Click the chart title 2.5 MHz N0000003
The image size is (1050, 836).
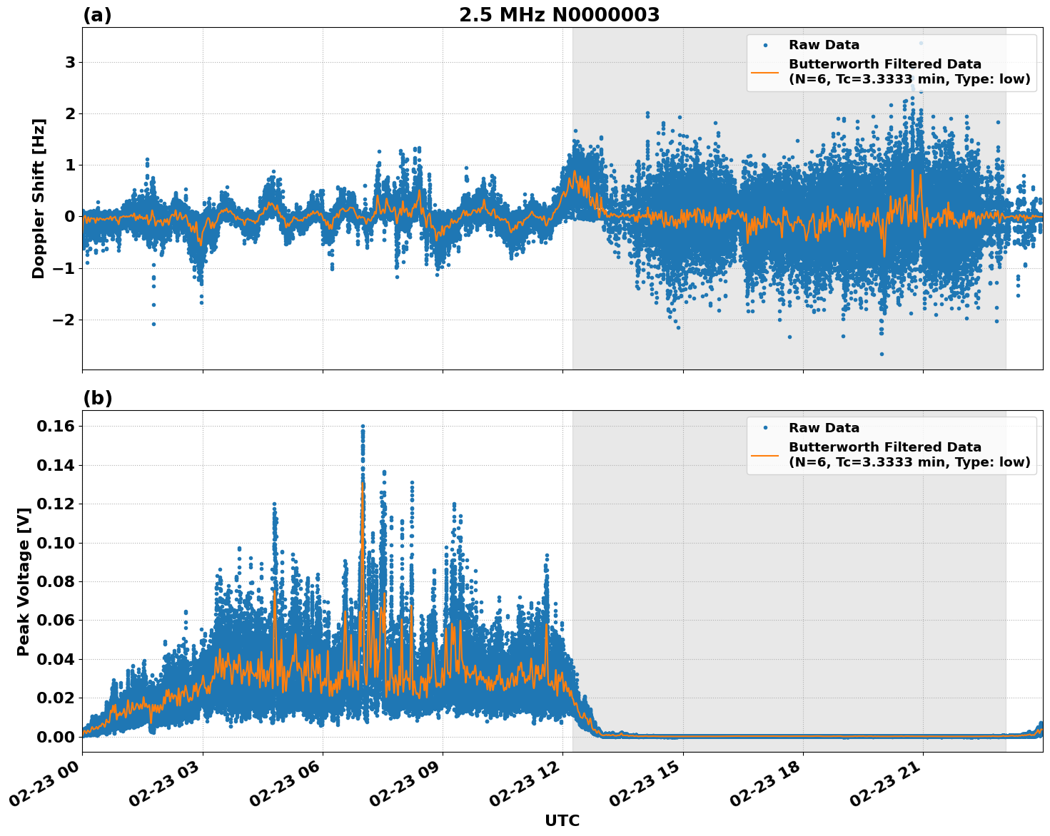(559, 15)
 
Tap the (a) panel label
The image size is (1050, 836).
(97, 15)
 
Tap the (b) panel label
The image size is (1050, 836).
(97, 398)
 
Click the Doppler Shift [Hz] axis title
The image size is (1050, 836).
(39, 198)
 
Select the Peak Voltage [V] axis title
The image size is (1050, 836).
(24, 581)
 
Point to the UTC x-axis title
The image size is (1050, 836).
(562, 820)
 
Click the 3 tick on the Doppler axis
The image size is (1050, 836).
(70, 63)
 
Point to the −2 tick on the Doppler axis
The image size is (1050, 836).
(64, 320)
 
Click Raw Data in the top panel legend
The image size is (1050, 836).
(824, 45)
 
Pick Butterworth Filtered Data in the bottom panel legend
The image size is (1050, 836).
(884, 447)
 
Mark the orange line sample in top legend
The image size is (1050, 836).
(765, 71)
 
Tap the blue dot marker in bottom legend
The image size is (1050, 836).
(765, 428)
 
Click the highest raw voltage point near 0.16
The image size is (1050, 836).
(363, 427)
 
